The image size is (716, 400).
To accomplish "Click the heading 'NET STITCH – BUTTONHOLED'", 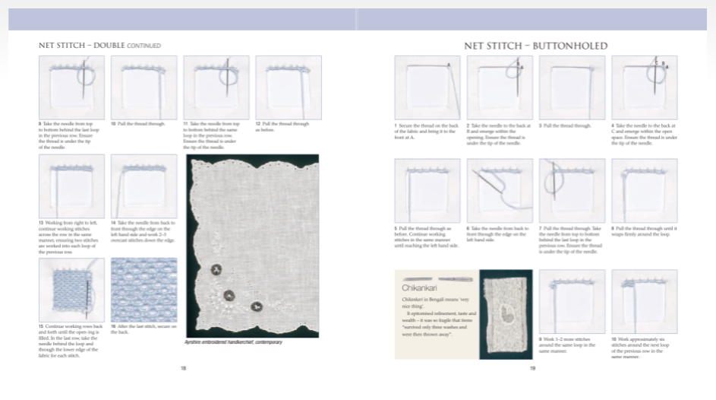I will (536, 46).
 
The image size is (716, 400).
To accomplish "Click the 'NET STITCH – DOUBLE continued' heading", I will (99, 46).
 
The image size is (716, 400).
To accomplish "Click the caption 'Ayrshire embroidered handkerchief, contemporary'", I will (233, 343).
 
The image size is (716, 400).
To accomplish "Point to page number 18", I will (184, 368).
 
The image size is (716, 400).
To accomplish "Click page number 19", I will (533, 368).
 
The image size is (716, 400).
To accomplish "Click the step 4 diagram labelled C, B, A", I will (645, 87).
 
